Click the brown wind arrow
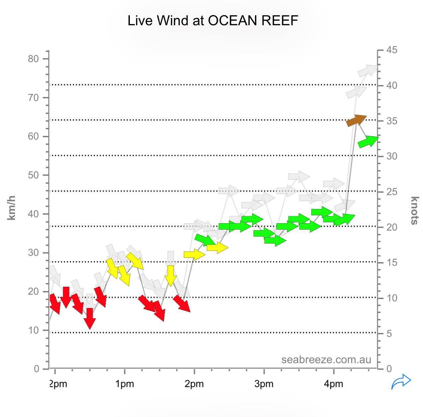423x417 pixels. coord(356,120)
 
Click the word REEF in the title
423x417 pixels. coord(280,21)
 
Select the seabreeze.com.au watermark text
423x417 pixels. coord(326,360)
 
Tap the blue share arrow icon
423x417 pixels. coord(401,381)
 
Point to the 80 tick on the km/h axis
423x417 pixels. coord(34,59)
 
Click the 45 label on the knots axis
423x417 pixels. coord(392,50)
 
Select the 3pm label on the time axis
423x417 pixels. coord(264,384)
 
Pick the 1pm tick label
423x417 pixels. coord(125,384)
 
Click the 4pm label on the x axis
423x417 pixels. coord(334,384)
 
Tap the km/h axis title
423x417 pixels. coord(12,208)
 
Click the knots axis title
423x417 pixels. coord(414,210)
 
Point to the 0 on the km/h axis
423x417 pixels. coord(37,369)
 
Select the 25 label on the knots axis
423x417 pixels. coord(392,192)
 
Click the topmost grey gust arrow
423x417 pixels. coord(368,71)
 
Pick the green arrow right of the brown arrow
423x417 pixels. coord(368,142)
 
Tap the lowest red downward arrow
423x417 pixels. coord(90,318)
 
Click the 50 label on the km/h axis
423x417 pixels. coord(34,175)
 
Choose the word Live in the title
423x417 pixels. coord(140,21)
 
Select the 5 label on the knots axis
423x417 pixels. coord(389,334)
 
